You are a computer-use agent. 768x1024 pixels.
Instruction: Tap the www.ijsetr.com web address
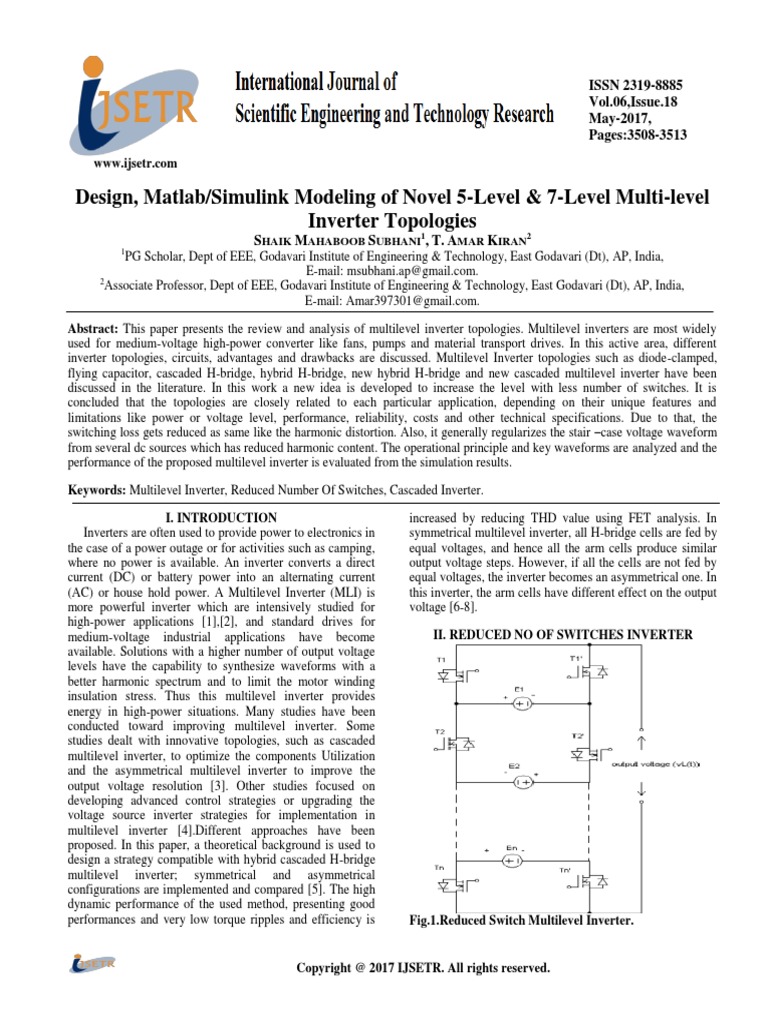tap(135, 163)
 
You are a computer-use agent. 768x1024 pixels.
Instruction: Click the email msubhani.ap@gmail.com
tap(392, 270)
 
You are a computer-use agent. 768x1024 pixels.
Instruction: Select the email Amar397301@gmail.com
tap(392, 300)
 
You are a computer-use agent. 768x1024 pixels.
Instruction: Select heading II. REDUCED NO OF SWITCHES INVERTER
tap(555, 634)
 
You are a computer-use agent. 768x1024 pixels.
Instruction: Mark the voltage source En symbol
tap(512, 859)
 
